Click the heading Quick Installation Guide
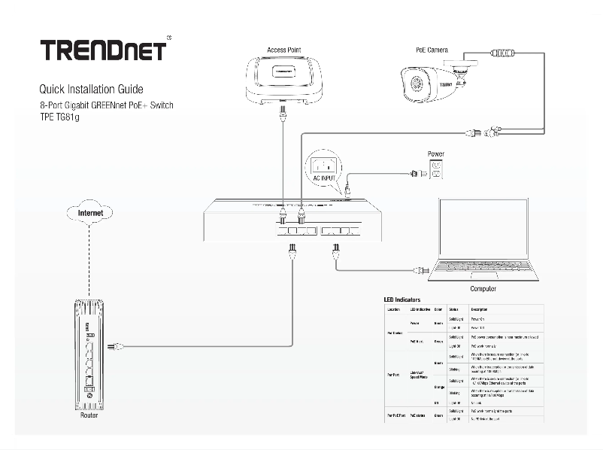91,89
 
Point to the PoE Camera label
432,50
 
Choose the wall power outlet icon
436,172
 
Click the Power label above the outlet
436,154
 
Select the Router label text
88,415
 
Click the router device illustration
88,354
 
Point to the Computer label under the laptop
483,289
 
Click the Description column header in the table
481,310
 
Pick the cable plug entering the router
112,348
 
